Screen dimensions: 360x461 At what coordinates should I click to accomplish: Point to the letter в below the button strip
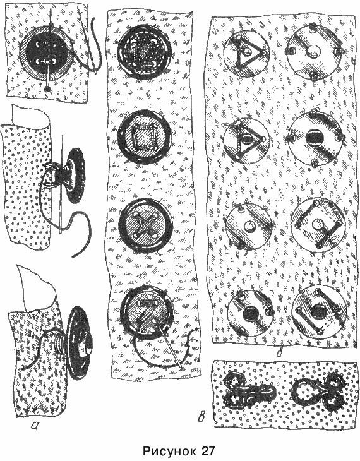(201, 417)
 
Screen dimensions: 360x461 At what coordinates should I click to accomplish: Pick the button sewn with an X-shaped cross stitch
(146, 225)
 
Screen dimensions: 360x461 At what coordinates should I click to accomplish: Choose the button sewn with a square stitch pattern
(145, 136)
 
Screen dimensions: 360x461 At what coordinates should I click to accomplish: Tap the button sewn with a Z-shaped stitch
(147, 312)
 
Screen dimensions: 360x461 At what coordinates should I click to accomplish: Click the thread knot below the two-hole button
(46, 89)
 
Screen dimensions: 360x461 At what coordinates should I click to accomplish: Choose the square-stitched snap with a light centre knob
(318, 224)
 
